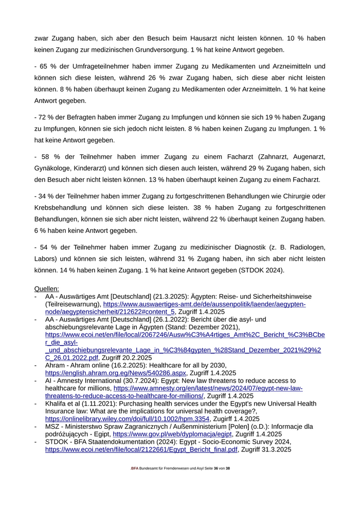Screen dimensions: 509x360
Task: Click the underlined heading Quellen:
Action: [46, 289]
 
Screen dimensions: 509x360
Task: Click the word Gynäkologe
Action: [55, 168]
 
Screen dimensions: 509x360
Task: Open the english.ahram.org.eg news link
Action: [115, 373]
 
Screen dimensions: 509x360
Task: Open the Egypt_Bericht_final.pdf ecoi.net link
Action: [141, 449]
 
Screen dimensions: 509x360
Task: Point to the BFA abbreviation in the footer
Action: [135, 469]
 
